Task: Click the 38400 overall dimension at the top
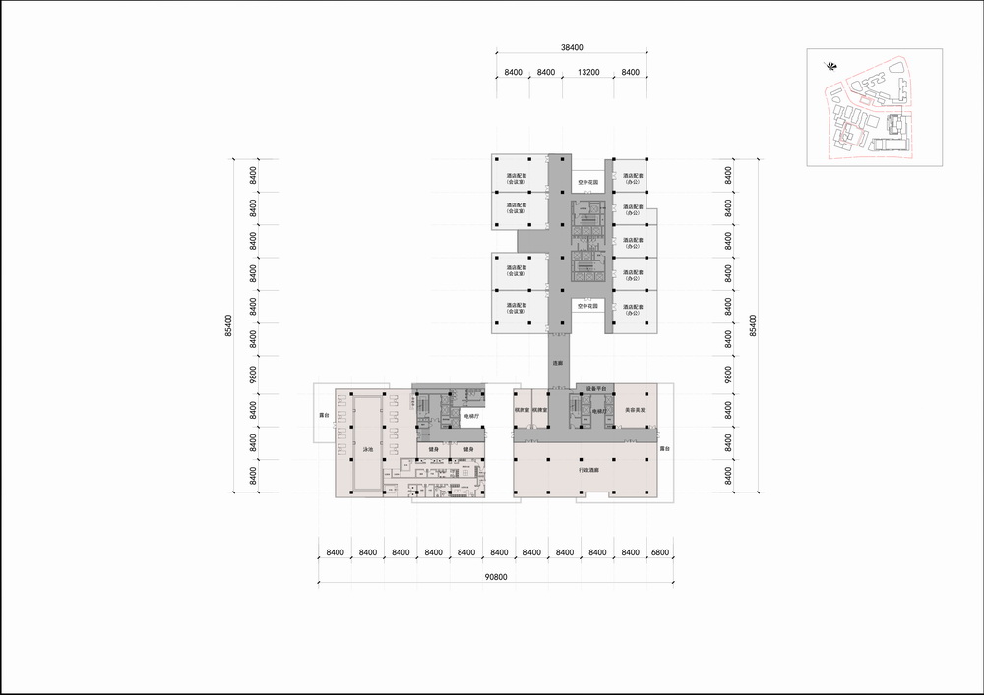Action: coord(572,46)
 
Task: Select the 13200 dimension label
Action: coord(588,72)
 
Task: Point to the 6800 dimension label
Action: coord(658,553)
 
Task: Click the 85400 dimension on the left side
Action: coord(228,325)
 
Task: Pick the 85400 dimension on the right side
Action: coord(754,325)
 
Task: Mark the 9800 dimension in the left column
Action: coord(253,375)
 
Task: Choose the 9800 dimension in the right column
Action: coord(729,375)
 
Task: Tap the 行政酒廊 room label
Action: coord(589,470)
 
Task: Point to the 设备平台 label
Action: coord(598,389)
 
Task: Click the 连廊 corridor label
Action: coord(558,363)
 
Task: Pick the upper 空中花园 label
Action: coord(588,182)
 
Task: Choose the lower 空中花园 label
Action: coord(588,306)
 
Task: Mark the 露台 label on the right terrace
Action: coord(664,449)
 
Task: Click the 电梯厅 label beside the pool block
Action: coord(471,416)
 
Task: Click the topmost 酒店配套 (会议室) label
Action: coord(516,179)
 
